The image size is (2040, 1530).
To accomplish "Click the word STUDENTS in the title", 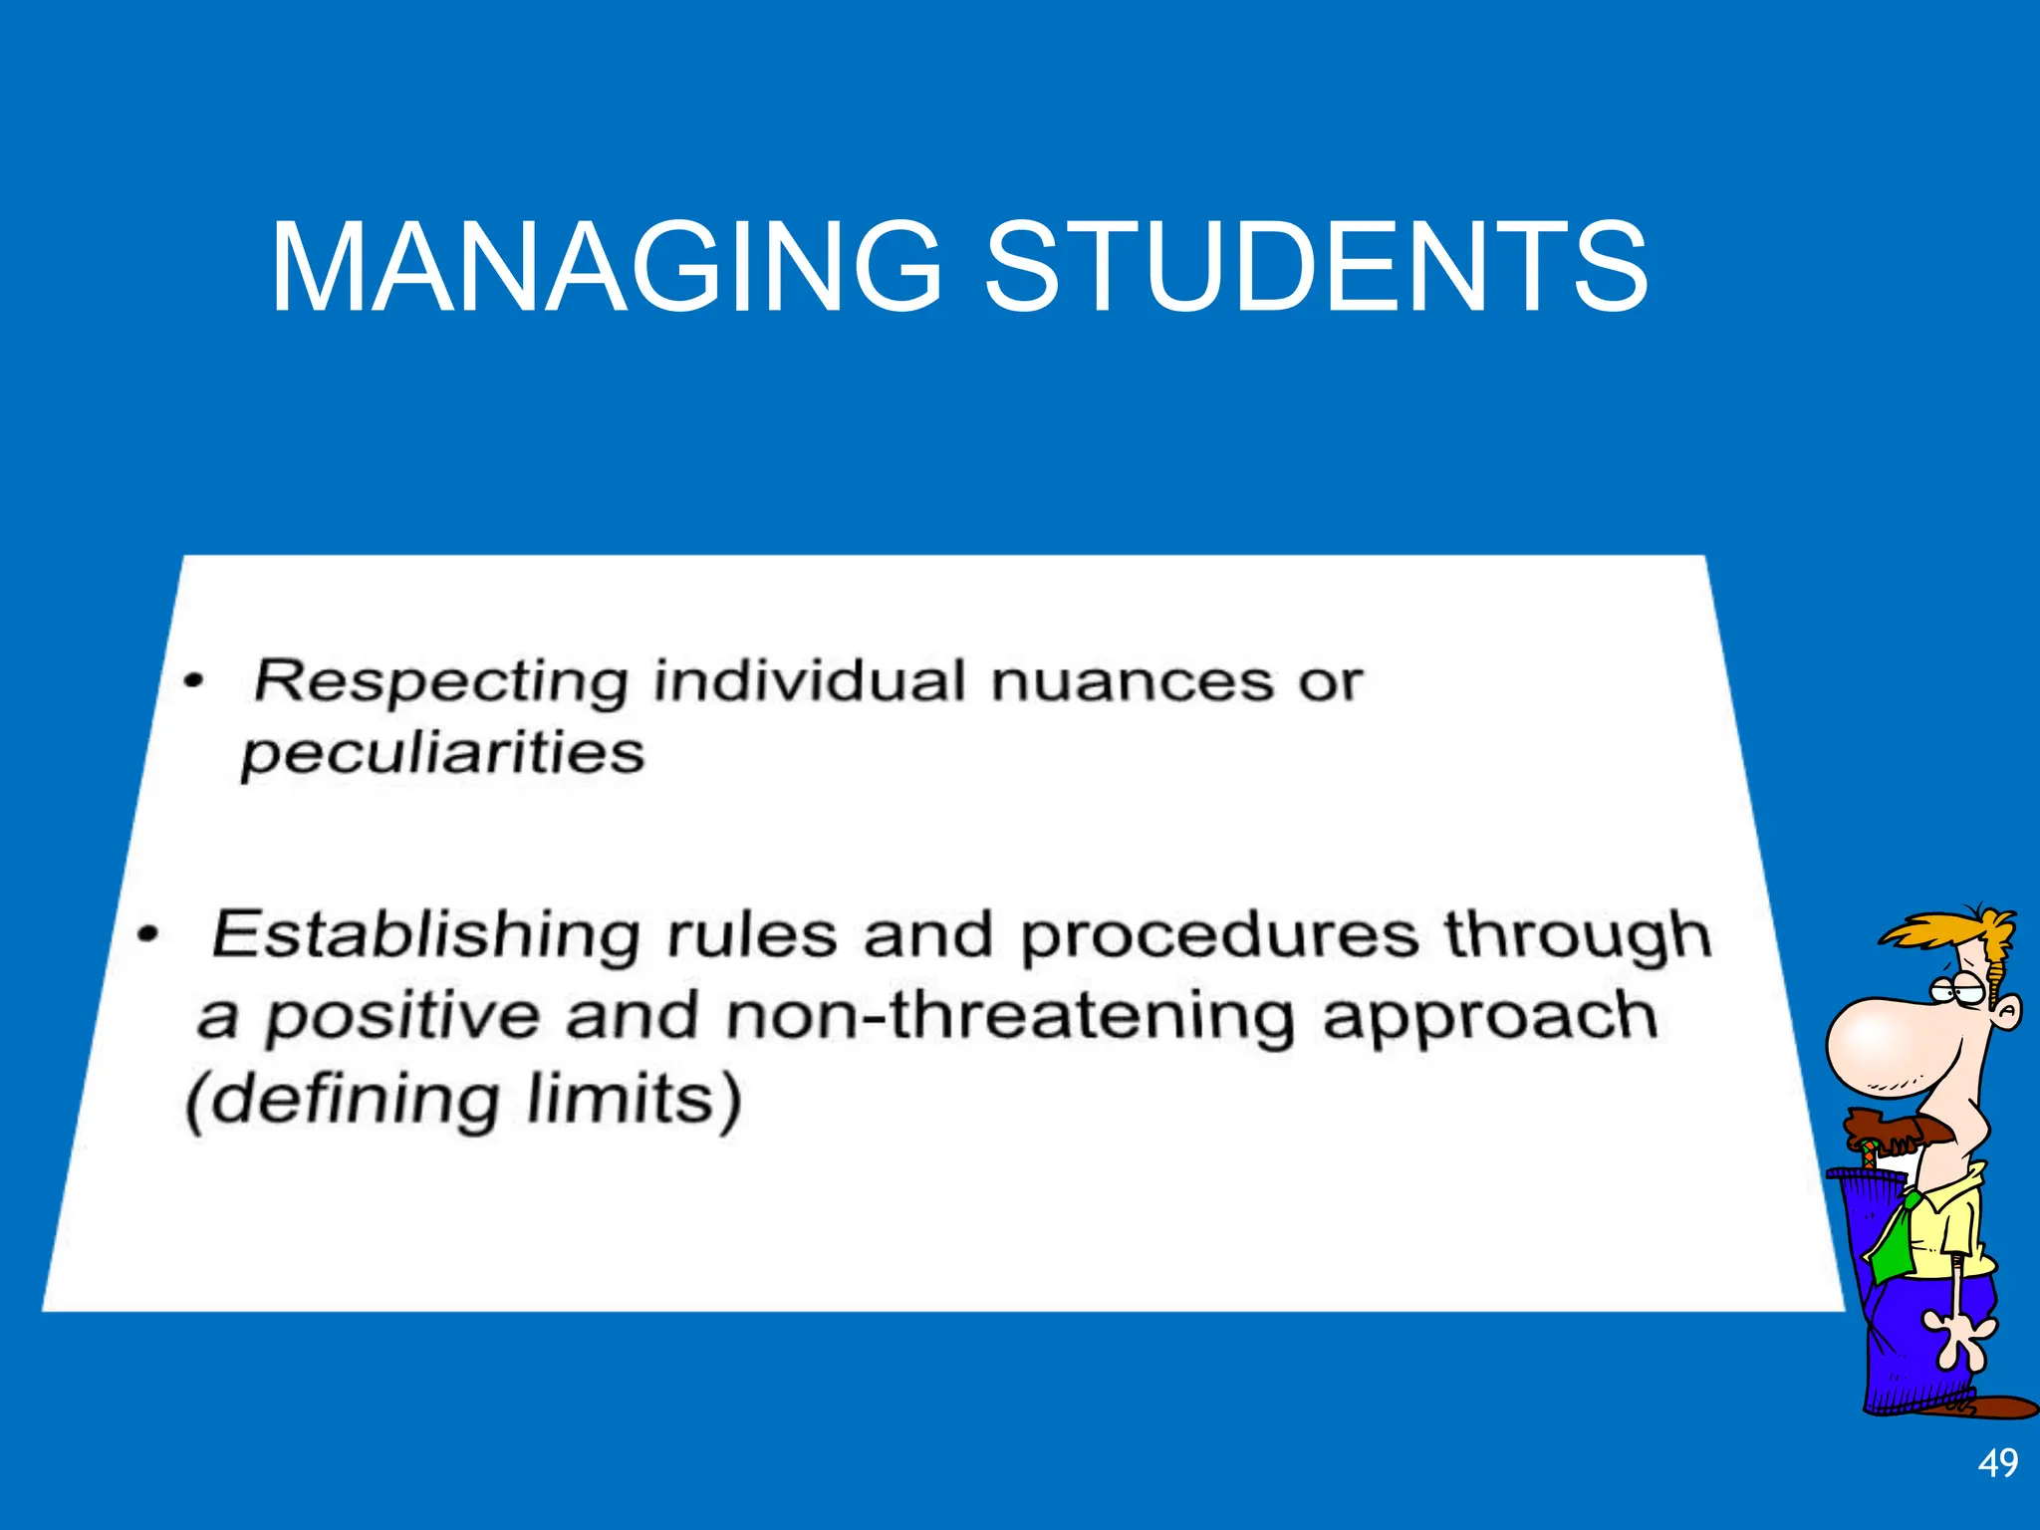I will click(x=1316, y=267).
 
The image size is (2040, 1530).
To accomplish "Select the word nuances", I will click(x=1132, y=682).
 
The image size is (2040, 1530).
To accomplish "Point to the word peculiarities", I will click(x=443, y=754).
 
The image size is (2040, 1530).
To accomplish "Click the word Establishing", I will click(x=425, y=936).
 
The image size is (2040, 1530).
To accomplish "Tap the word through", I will click(x=1578, y=936).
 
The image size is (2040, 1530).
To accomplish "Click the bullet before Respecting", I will click(x=193, y=682).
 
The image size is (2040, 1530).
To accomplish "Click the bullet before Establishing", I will click(x=148, y=935).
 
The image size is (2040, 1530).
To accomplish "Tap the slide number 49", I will click(x=1997, y=1463).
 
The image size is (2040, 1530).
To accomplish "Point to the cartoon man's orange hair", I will click(x=1952, y=931).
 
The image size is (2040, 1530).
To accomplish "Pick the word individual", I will click(x=809, y=682).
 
